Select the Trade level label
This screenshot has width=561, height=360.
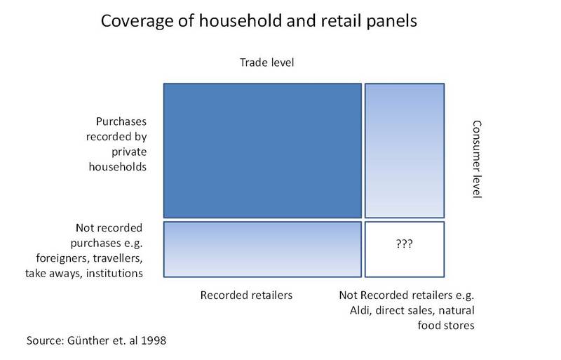pos(267,62)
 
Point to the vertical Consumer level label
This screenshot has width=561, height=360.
pos(477,159)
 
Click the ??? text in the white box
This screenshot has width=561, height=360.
pos(405,244)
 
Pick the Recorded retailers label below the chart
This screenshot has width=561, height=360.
pos(246,295)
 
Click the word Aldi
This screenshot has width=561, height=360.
pos(360,310)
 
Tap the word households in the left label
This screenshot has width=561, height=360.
pos(118,166)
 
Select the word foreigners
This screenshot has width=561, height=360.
pos(63,258)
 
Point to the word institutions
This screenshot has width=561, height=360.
pos(114,273)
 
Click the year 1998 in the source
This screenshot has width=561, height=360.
pos(154,340)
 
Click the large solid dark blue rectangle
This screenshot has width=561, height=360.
pos(262,150)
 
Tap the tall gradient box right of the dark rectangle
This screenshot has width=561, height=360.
pos(405,150)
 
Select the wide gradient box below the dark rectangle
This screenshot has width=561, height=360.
pos(262,249)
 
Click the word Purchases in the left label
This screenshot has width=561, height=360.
pos(121,121)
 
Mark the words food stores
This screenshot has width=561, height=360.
pos(446,325)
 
